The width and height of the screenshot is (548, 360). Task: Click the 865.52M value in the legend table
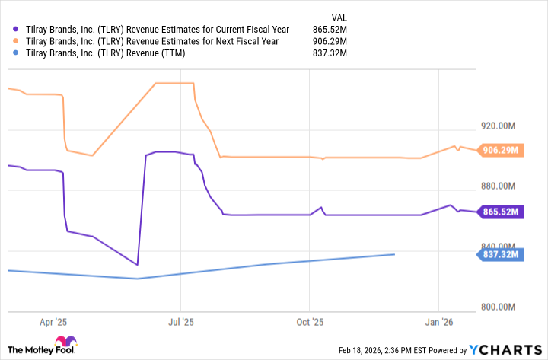pos(330,29)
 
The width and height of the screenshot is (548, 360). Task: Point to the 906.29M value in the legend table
pos(330,41)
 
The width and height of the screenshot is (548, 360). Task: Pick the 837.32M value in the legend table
pos(330,53)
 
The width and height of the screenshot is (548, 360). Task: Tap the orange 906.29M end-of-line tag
pos(500,150)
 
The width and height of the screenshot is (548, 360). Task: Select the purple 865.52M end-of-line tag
pos(500,212)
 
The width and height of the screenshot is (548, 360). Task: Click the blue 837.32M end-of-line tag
pos(500,254)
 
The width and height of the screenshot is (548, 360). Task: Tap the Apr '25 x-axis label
pos(53,323)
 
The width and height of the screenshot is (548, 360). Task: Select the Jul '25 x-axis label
pos(180,323)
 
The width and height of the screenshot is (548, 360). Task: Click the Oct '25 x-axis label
pos(310,323)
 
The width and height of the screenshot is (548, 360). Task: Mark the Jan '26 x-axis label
pos(439,323)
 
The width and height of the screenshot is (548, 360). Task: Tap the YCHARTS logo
pos(503,350)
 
